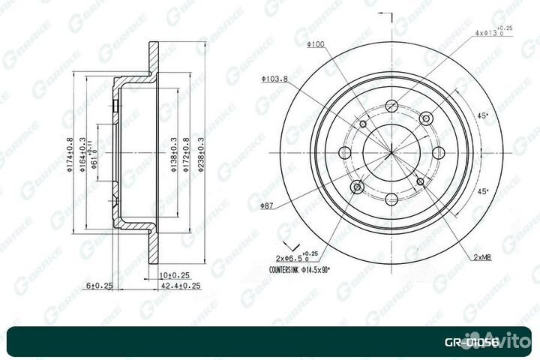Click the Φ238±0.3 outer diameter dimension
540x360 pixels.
pyautogui.click(x=200, y=154)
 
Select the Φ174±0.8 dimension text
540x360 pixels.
pyautogui.click(x=69, y=154)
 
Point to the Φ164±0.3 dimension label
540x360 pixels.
pyautogui.click(x=82, y=154)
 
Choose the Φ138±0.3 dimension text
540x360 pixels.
pyautogui.click(x=173, y=154)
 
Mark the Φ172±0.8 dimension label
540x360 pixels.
pyautogui.click(x=187, y=154)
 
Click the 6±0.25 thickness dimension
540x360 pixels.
pyautogui.click(x=98, y=286)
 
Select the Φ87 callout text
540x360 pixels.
pyautogui.click(x=266, y=205)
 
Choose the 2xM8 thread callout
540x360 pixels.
pyautogui.click(x=481, y=257)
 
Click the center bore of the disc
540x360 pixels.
pyautogui.click(x=390, y=153)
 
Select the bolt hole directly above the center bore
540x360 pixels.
pyautogui.click(x=390, y=106)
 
